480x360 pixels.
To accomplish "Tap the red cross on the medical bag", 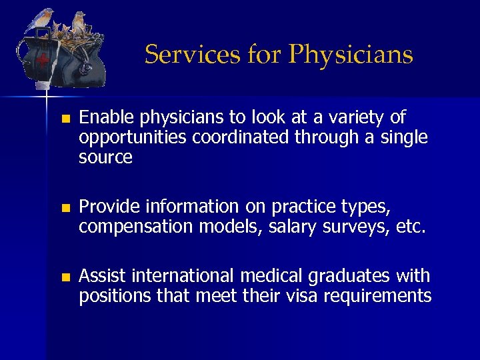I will point(43,61).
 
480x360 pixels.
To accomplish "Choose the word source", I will point(105,158).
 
